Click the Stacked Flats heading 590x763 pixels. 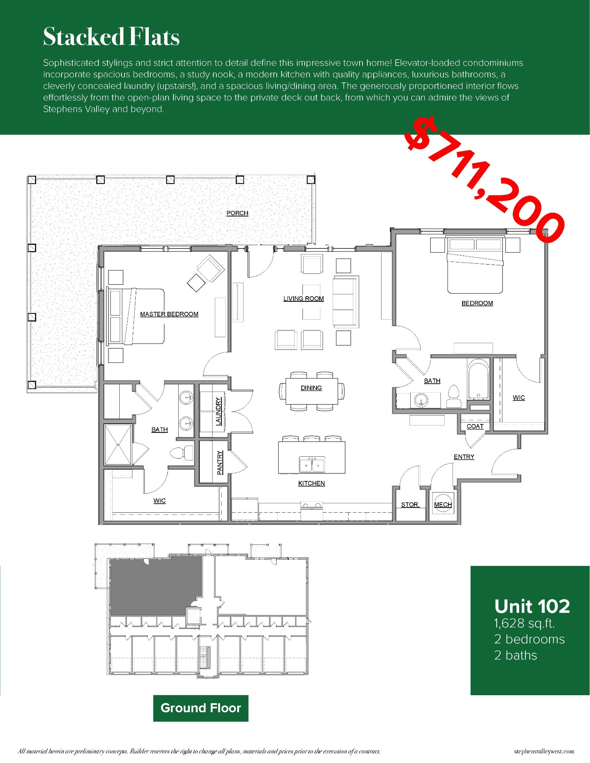[x=111, y=37]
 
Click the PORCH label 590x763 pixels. [x=237, y=213]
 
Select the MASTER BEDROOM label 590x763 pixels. [x=169, y=314]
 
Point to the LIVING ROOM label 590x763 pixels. [x=303, y=298]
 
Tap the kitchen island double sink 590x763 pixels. [x=312, y=465]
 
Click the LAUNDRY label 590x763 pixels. [x=219, y=411]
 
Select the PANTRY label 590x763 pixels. [x=220, y=462]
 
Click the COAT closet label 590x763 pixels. [x=475, y=426]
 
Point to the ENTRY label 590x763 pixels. [x=464, y=457]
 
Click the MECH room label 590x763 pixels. [x=443, y=504]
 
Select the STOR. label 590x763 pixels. [x=410, y=504]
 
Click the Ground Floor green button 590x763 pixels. [x=201, y=708]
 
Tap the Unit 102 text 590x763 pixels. [x=532, y=607]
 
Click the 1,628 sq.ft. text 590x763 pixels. [x=524, y=623]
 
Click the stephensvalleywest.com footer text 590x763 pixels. [x=544, y=751]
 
